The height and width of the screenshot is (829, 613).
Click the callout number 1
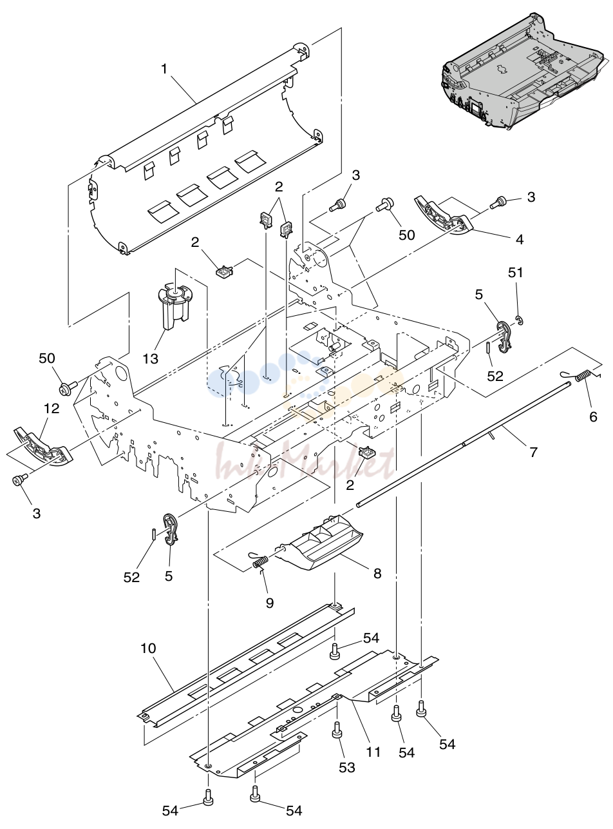click(164, 69)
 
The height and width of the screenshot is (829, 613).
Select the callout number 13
click(151, 359)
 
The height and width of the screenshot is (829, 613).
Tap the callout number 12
click(52, 409)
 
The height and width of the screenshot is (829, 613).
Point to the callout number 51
click(515, 273)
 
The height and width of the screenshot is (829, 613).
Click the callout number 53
click(347, 768)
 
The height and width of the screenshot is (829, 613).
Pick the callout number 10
click(148, 648)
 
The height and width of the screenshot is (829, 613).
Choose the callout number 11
click(373, 752)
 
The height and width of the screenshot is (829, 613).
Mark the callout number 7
click(534, 453)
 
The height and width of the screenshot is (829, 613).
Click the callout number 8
click(377, 573)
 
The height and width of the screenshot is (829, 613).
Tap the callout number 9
click(270, 603)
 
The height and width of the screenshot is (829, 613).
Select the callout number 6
click(593, 416)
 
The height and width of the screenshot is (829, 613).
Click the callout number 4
click(519, 239)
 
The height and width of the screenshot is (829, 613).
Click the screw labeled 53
click(337, 730)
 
